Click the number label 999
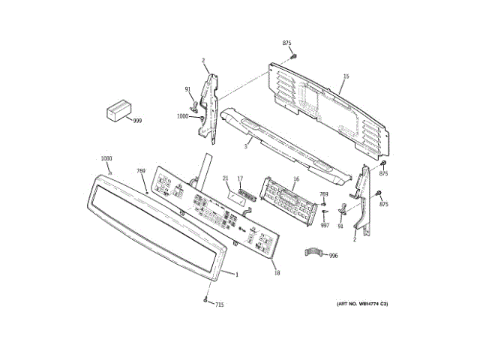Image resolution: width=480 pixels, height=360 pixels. (137, 121)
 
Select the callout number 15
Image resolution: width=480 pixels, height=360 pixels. (346, 76)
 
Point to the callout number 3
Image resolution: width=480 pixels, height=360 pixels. (245, 147)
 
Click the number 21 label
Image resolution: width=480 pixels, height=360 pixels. (225, 178)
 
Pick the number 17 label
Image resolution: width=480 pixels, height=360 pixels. (240, 178)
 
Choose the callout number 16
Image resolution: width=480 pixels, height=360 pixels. (295, 179)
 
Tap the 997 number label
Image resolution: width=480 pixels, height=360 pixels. (325, 224)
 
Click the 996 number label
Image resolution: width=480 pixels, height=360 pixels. (333, 256)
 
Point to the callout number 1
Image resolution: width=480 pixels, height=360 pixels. (237, 274)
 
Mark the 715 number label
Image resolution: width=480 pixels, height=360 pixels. (220, 304)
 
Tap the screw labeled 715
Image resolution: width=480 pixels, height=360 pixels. (205, 300)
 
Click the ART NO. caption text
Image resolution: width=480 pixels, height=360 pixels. (361, 303)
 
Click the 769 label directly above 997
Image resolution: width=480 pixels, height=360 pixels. (324, 195)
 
